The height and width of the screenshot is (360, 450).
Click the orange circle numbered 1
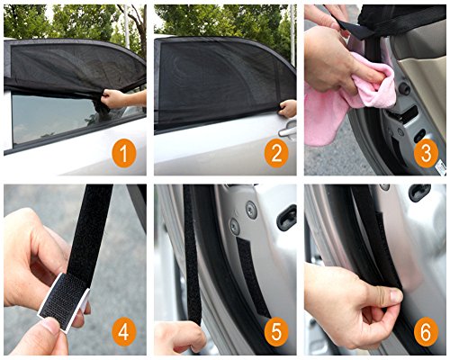[x=124, y=153]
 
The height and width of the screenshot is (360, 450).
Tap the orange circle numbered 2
[x=276, y=153]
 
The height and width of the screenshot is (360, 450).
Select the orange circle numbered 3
[x=426, y=153]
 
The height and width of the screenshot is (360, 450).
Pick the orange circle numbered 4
[x=124, y=332]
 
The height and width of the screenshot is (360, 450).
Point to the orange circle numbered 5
[x=276, y=332]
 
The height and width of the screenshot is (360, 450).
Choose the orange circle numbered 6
[x=426, y=332]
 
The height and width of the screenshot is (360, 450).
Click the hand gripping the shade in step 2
[x=288, y=109]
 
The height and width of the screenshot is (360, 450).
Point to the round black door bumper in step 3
[x=404, y=88]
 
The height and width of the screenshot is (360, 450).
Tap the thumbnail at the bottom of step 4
[x=51, y=326]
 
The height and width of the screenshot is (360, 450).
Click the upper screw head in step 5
[x=251, y=210]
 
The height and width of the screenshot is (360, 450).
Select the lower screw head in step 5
[x=235, y=227]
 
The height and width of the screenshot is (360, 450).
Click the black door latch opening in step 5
[x=286, y=217]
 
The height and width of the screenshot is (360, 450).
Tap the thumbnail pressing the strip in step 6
[x=396, y=296]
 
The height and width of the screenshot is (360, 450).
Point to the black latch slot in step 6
[x=419, y=192]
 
